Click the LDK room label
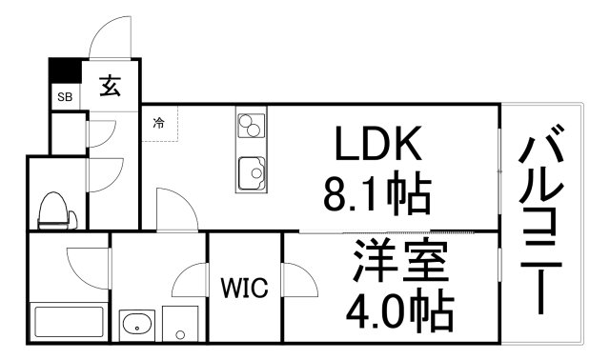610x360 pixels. (x=376, y=146)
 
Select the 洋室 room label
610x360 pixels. (x=399, y=261)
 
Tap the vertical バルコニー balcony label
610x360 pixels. (x=542, y=224)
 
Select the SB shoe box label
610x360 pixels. (x=65, y=97)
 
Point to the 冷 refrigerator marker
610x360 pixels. (x=159, y=122)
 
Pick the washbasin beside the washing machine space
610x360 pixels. (x=139, y=323)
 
